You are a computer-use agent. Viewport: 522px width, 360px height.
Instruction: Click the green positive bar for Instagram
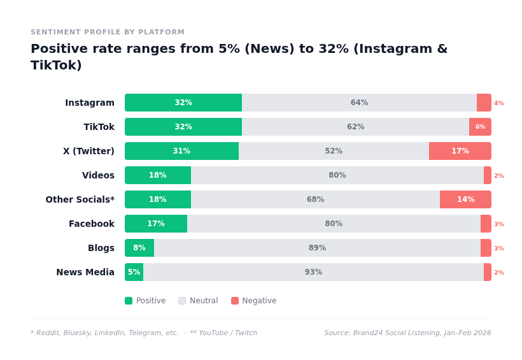pos(183,103)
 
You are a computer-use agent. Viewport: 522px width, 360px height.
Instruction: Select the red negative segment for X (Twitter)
pos(460,151)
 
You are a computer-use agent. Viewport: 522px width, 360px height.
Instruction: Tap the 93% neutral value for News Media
pos(313,272)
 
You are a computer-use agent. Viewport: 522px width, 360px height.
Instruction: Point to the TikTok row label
pos(99,127)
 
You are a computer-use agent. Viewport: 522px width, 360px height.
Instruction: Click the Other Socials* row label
pos(80,199)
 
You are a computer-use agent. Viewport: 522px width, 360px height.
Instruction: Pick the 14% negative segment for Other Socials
pos(465,199)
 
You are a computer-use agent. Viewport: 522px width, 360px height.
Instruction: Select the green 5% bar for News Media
pos(134,272)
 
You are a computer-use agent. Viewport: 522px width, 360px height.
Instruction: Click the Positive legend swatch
pos(129,301)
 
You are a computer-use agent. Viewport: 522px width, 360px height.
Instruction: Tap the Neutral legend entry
pos(198,301)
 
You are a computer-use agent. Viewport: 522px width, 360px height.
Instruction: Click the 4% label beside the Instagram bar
pos(499,103)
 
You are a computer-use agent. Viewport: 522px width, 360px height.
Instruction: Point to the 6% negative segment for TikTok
pos(480,127)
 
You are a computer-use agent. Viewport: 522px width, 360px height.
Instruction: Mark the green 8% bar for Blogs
pos(139,248)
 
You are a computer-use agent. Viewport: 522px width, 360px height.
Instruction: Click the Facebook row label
pos(92,224)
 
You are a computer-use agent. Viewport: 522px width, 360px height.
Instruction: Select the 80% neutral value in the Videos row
pos(337,175)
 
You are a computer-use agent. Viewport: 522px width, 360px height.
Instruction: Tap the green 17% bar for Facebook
pos(156,224)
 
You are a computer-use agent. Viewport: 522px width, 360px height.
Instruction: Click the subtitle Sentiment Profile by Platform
pos(108,32)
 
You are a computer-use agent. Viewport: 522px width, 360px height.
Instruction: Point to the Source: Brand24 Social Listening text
pos(407,333)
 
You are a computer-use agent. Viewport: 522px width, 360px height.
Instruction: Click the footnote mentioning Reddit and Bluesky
pos(144,333)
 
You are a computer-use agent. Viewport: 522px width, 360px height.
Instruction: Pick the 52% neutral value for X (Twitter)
pos(334,151)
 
